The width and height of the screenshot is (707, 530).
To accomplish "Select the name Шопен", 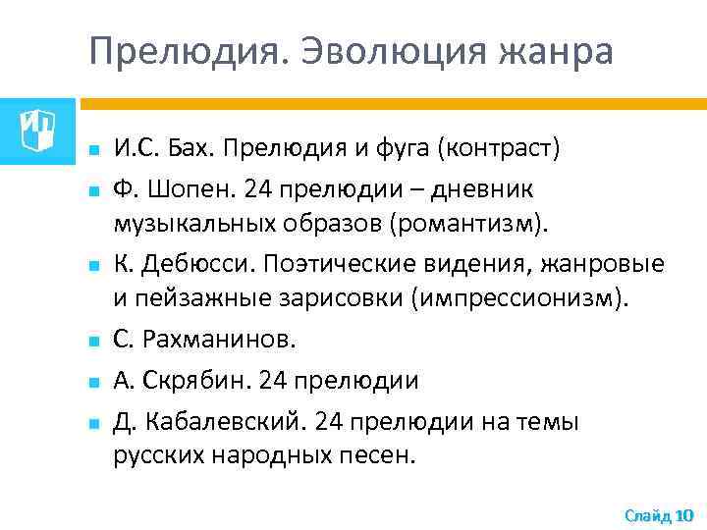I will (183, 186).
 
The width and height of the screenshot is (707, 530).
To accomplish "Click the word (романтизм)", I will (468, 225).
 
